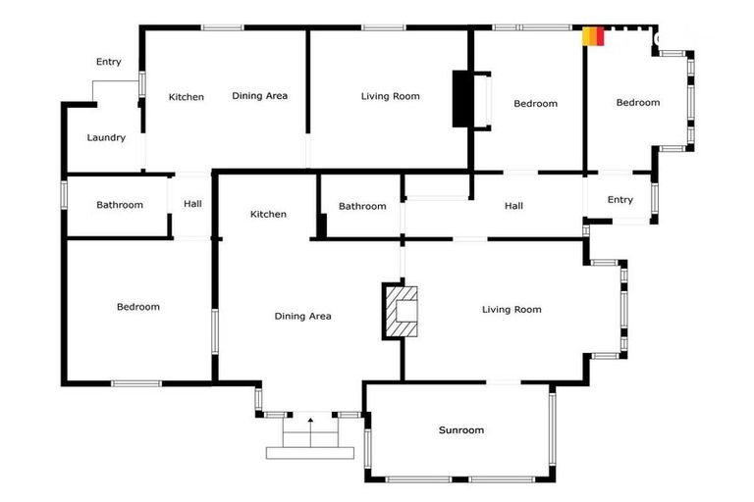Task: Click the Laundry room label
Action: point(106,137)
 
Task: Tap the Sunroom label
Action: point(460,429)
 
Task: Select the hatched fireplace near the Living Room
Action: point(400,311)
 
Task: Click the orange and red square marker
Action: point(593,36)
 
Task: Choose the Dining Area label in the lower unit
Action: point(302,316)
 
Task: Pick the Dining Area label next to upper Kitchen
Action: point(259,96)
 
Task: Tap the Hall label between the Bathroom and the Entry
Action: point(513,206)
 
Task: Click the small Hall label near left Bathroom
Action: point(192,204)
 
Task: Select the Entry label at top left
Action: point(108,62)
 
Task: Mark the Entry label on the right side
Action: point(619,200)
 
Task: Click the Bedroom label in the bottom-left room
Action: point(137,307)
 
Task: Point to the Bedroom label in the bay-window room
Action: point(637,102)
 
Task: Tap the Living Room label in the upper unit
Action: point(390,96)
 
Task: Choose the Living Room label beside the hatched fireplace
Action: point(512,310)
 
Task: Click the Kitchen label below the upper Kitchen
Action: point(268,214)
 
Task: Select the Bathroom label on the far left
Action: point(119,205)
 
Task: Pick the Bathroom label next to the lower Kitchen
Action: point(361,206)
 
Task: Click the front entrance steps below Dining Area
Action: point(310,437)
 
